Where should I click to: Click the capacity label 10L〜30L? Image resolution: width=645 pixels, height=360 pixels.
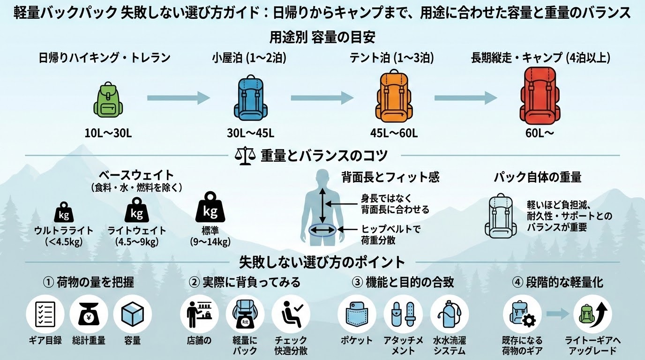(108, 133)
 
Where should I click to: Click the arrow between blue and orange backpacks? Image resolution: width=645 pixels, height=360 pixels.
(322, 97)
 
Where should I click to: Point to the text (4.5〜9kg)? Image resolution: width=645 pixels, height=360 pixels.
(137, 242)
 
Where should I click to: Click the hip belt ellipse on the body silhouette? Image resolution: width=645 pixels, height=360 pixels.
(322, 229)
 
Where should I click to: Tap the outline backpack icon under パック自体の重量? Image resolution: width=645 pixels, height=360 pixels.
(501, 216)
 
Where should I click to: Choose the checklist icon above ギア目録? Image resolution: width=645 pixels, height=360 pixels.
(45, 314)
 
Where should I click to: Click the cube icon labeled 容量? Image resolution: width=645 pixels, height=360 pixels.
(133, 314)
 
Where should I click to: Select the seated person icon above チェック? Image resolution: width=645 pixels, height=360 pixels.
(291, 314)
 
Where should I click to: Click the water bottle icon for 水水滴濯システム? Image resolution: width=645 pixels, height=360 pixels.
(449, 314)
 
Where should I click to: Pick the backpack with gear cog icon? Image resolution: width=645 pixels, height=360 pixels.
(522, 314)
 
